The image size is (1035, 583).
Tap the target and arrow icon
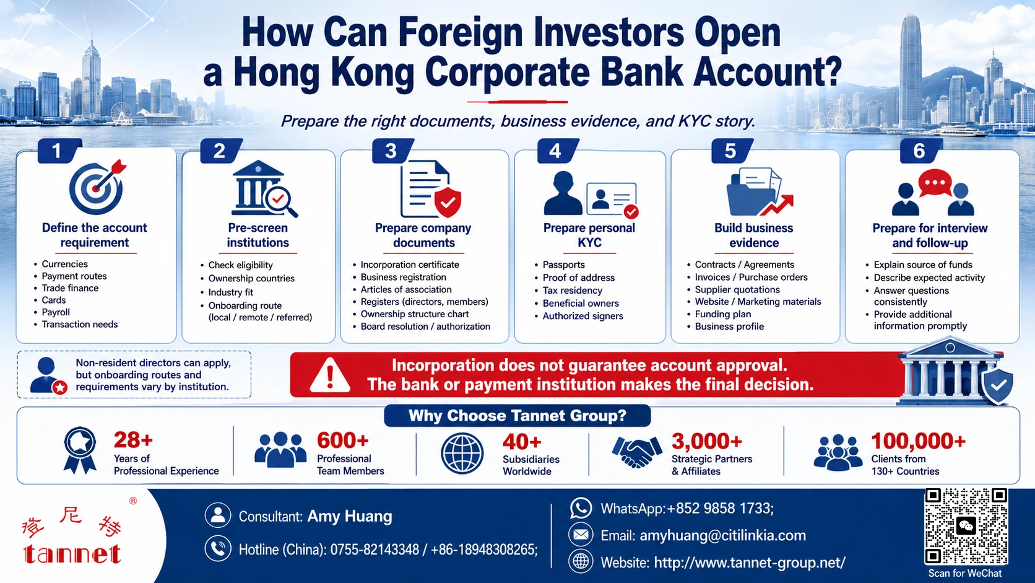pos(97,186)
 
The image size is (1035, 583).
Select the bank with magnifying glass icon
pos(264,188)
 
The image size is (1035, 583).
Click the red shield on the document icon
pos(448,203)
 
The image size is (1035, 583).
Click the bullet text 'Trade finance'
pos(70,288)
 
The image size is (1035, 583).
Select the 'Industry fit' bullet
pos(230,292)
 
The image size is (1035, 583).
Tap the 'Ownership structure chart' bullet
pos(415,314)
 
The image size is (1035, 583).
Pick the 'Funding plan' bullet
pos(722,314)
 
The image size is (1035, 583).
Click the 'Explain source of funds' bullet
pos(923,265)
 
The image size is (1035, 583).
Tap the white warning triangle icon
pos(329,375)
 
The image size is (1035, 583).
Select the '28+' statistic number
pos(133,440)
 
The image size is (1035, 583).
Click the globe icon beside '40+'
pos(462,453)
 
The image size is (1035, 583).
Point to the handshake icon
pos(637,451)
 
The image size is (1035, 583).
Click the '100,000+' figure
pos(918,441)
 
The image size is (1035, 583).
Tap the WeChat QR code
pos(966,526)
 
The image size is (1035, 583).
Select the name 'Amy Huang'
pos(350,516)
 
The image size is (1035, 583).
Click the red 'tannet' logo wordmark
pos(72,554)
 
